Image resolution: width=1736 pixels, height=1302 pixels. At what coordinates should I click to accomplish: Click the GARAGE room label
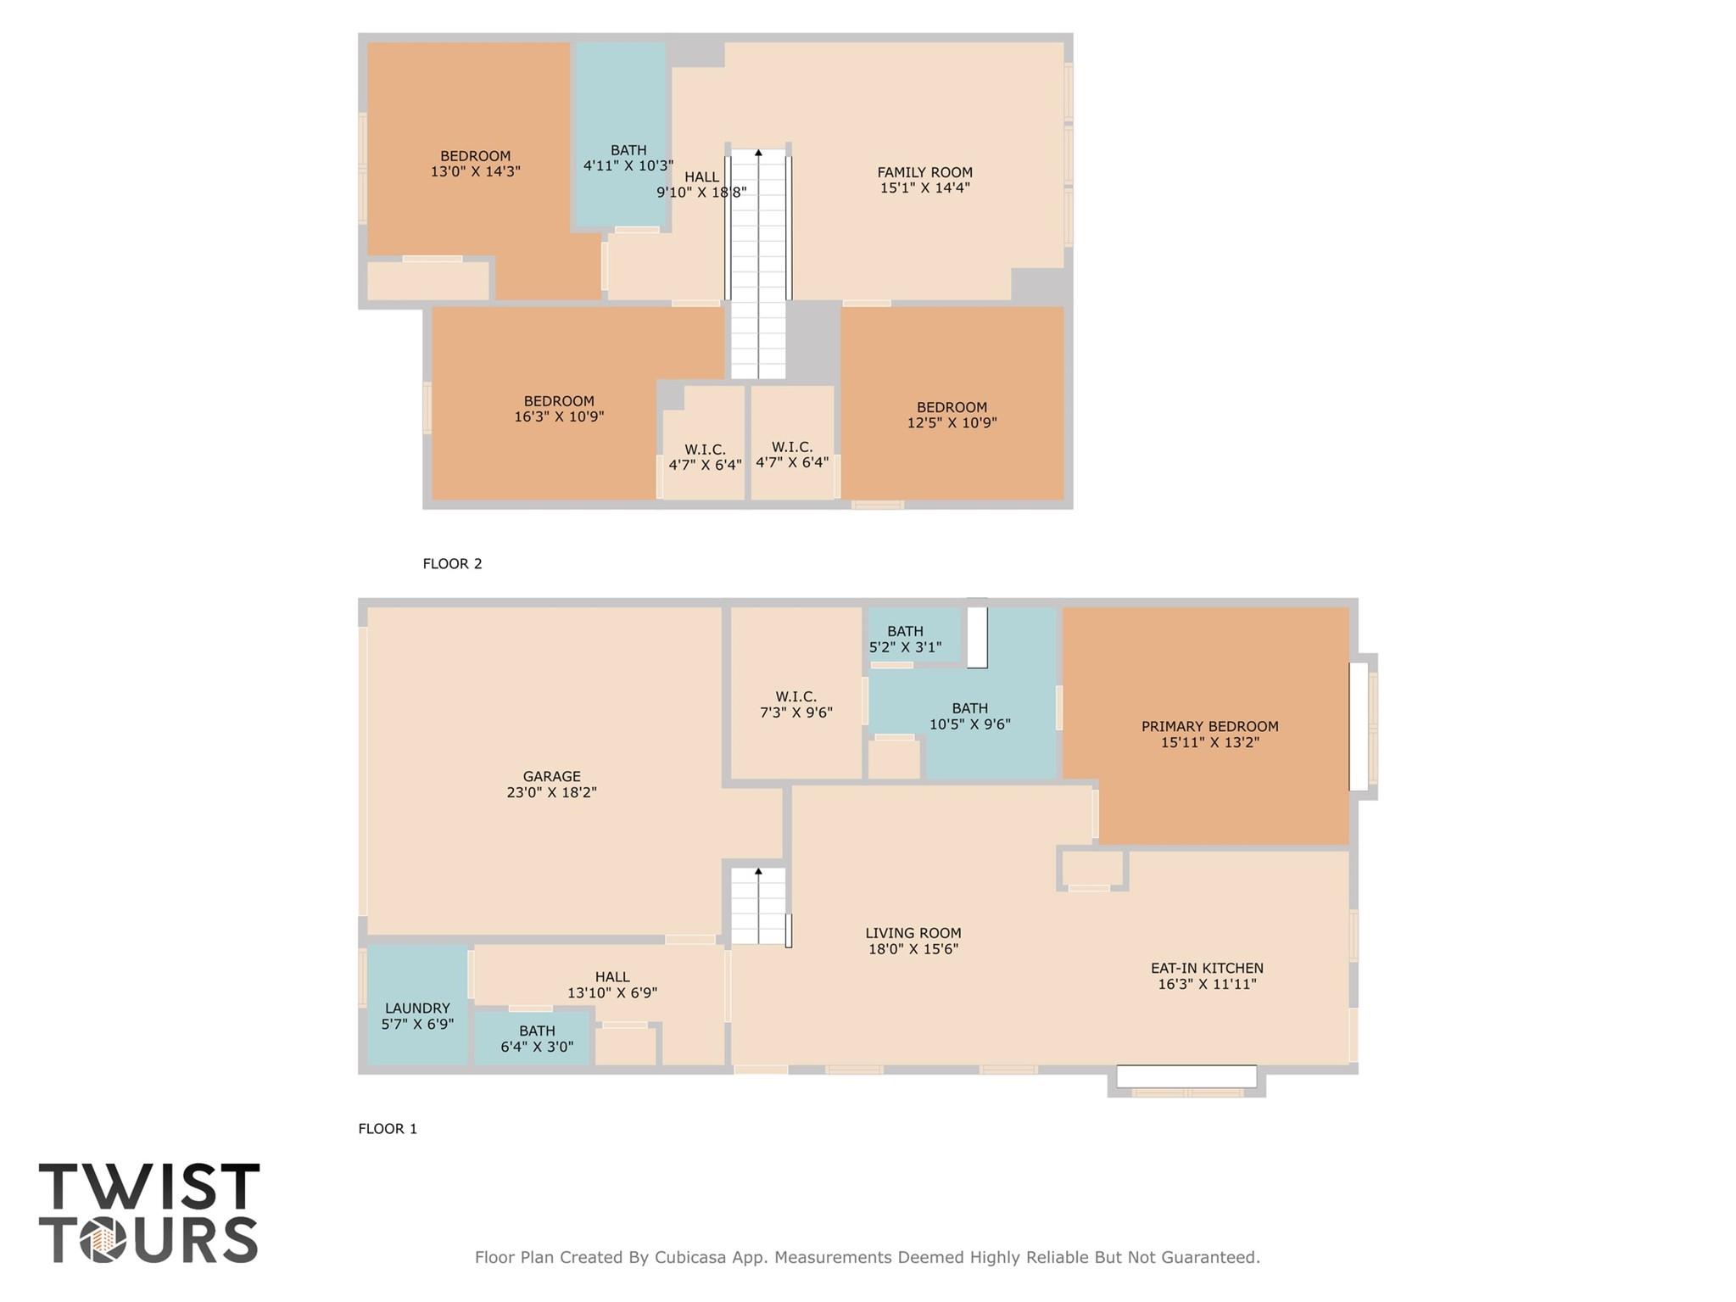point(551,776)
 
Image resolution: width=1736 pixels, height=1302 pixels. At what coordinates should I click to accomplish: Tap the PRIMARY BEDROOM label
point(1209,726)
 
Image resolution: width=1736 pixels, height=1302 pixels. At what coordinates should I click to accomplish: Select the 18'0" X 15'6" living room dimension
point(913,949)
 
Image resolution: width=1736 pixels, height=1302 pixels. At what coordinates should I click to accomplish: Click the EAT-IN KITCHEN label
point(1207,968)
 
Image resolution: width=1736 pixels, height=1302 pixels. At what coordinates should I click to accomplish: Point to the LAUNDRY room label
point(417,1008)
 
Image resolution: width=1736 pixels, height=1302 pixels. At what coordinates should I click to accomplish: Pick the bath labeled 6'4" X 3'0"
point(537,1039)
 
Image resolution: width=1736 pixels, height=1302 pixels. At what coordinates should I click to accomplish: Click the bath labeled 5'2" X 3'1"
point(905,639)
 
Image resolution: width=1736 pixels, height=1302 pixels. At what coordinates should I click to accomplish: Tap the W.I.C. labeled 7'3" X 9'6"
point(795,705)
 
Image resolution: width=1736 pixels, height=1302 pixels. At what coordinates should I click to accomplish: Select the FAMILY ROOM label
point(924,172)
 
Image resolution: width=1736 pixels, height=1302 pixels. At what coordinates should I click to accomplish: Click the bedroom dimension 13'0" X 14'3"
point(475,171)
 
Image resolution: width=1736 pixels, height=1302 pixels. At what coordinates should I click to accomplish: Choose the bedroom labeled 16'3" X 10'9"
point(559,409)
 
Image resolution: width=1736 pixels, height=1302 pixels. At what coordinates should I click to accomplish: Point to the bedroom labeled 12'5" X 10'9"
point(952,415)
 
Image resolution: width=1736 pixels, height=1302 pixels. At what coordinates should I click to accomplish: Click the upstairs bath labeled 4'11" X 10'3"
point(628,158)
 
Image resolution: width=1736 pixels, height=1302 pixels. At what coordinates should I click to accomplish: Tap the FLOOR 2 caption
point(452,564)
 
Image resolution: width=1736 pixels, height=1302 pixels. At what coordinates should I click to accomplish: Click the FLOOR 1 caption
point(388,1129)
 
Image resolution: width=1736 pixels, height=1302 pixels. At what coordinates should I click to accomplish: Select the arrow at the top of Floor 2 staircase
point(758,154)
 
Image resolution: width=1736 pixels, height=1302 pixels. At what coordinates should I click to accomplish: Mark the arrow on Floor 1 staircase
point(758,871)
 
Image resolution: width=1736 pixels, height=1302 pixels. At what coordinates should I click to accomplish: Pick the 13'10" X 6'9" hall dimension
point(611,993)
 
